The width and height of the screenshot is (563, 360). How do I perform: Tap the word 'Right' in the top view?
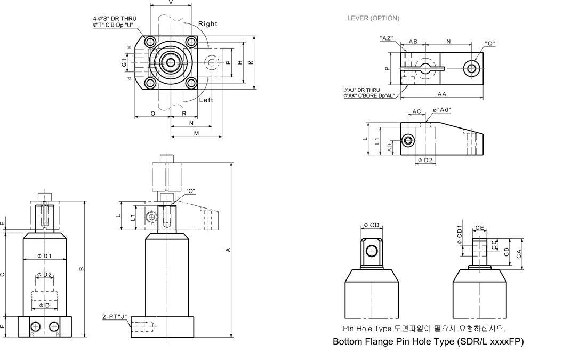pos(207,23)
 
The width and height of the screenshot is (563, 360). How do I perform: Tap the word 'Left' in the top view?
pos(206,100)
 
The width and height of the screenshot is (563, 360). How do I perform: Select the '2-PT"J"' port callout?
pos(115,316)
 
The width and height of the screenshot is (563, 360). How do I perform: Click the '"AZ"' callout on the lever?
pos(387,38)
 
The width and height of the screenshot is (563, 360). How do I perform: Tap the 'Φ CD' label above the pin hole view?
pos(372,225)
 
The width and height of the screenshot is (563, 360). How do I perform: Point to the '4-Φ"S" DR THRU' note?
pos(115,19)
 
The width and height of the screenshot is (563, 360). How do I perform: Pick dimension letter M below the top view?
pos(197,133)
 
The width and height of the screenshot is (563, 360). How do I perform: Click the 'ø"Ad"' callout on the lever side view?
pos(442,110)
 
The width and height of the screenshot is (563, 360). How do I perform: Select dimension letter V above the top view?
pos(170,2)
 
